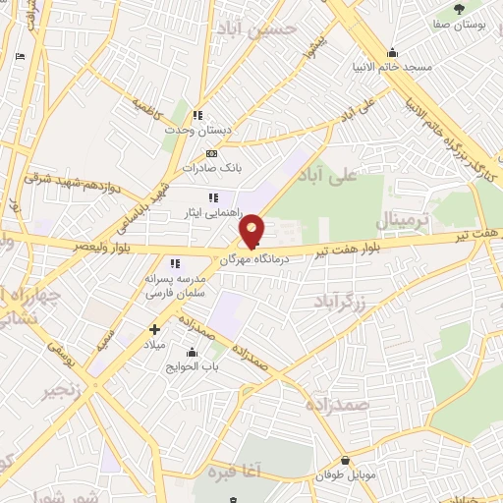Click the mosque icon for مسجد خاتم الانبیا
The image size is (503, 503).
[393, 53]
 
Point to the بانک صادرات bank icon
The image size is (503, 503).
[211, 154]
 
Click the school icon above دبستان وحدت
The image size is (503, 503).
[198, 115]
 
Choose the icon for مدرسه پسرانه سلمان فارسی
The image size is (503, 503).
[175, 263]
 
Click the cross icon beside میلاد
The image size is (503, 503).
[153, 328]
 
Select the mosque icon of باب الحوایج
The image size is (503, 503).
[191, 351]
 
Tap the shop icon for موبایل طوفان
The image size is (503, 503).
[345, 460]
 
